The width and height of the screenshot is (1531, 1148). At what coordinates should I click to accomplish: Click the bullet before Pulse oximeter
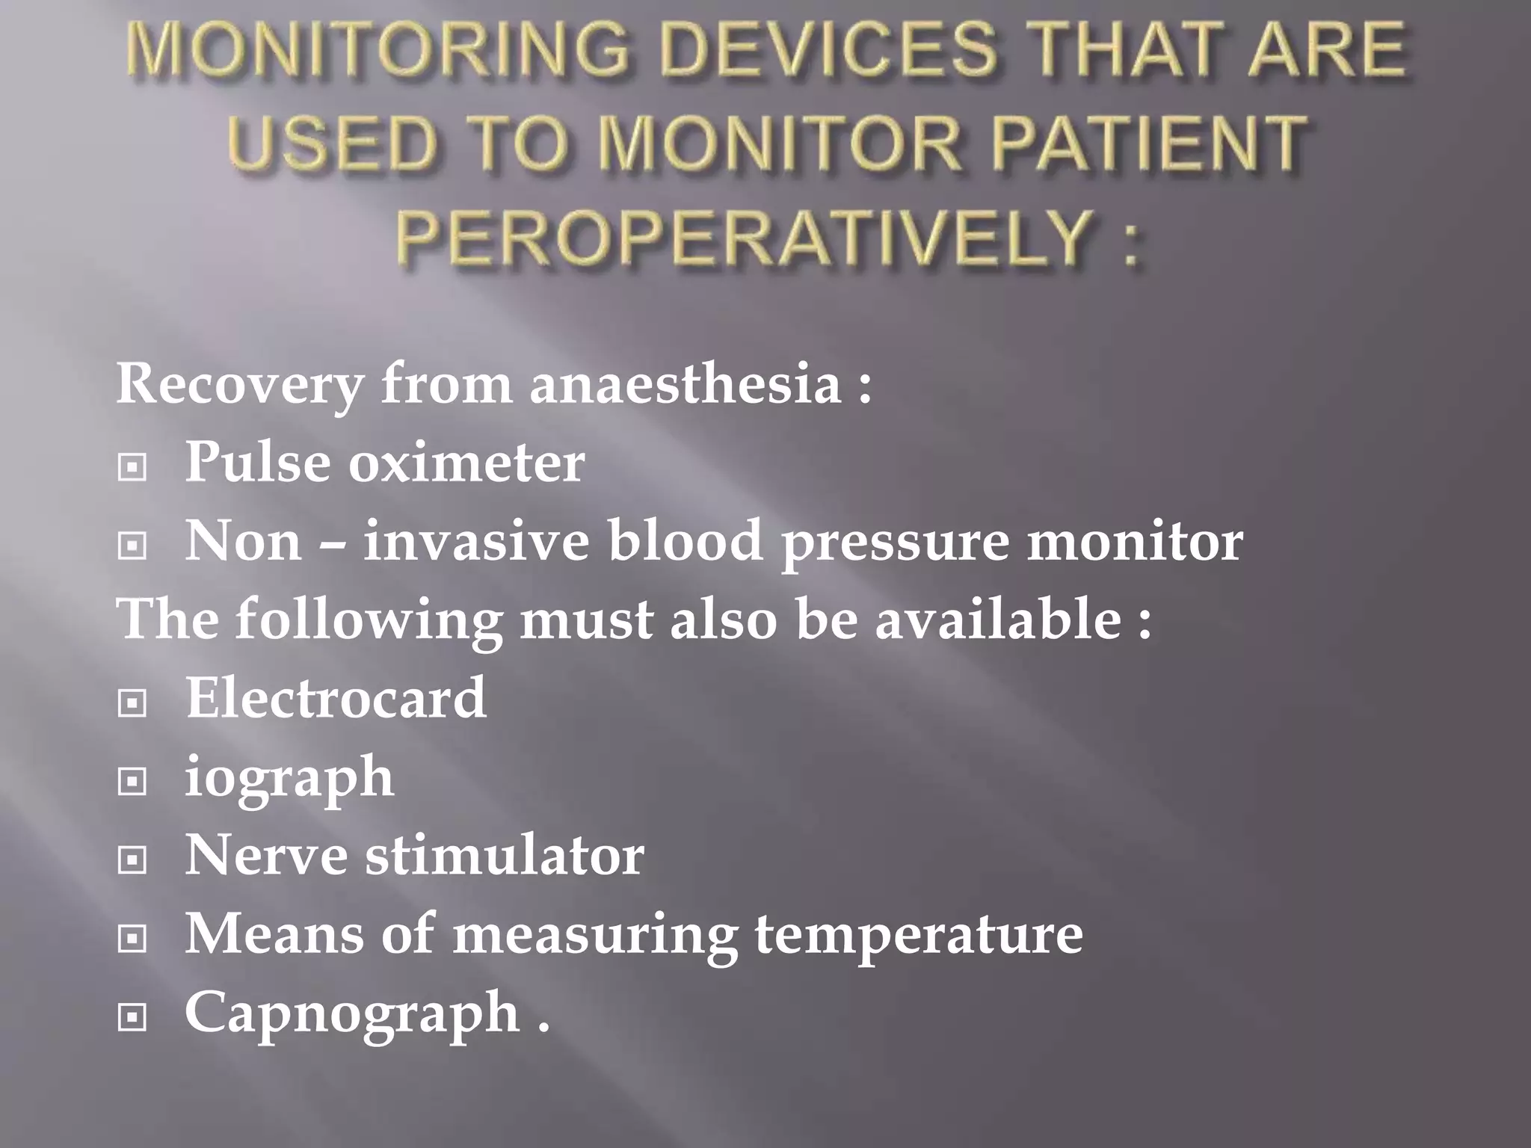tap(132, 468)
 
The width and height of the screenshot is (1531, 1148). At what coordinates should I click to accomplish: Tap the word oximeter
tap(466, 463)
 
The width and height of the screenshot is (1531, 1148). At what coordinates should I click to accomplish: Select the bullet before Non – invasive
tap(132, 546)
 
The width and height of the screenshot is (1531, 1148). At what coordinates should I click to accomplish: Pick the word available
tap(998, 620)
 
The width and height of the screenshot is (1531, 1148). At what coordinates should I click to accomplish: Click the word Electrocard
tap(336, 698)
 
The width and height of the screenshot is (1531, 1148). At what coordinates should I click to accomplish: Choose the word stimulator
tap(505, 856)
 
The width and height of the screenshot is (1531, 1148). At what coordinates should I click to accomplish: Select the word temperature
tap(919, 935)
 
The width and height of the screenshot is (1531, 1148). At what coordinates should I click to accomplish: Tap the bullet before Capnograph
tap(132, 1017)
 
